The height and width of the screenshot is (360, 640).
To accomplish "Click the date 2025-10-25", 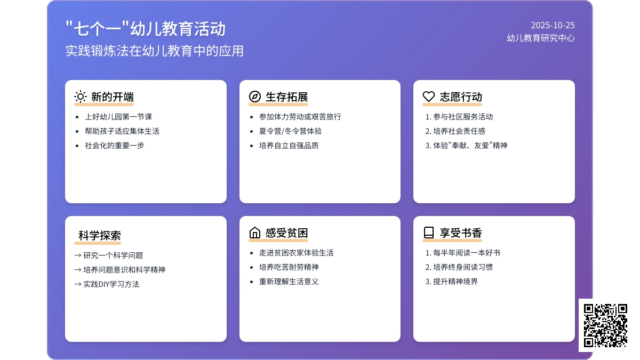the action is (553, 26).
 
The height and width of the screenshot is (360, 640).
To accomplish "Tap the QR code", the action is (605, 325).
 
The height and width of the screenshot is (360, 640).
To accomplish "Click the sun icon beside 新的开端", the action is (81, 97).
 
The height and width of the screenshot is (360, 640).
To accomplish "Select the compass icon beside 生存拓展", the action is (254, 97).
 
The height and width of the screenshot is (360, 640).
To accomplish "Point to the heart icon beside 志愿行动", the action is (429, 97).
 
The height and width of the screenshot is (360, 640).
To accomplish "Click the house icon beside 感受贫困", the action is (254, 233).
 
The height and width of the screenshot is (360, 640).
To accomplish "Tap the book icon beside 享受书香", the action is (429, 233).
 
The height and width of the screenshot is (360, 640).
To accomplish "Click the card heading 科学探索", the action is (99, 236).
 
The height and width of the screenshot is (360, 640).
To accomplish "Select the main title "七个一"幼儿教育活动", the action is (146, 29).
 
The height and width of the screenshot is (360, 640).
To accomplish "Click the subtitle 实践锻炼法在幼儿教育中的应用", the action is (154, 51).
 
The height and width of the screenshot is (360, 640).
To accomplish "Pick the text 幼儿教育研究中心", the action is (541, 38).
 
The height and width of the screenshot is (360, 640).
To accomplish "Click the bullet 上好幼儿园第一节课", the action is (118, 117).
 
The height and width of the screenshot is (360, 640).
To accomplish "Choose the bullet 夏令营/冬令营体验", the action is (290, 131).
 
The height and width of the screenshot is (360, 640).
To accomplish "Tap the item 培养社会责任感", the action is (459, 131).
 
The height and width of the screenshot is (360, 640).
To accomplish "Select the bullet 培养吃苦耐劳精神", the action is (289, 267).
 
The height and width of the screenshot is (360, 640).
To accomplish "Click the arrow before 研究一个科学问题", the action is (78, 255).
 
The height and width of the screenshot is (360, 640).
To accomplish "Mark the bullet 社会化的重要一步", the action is (114, 146).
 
